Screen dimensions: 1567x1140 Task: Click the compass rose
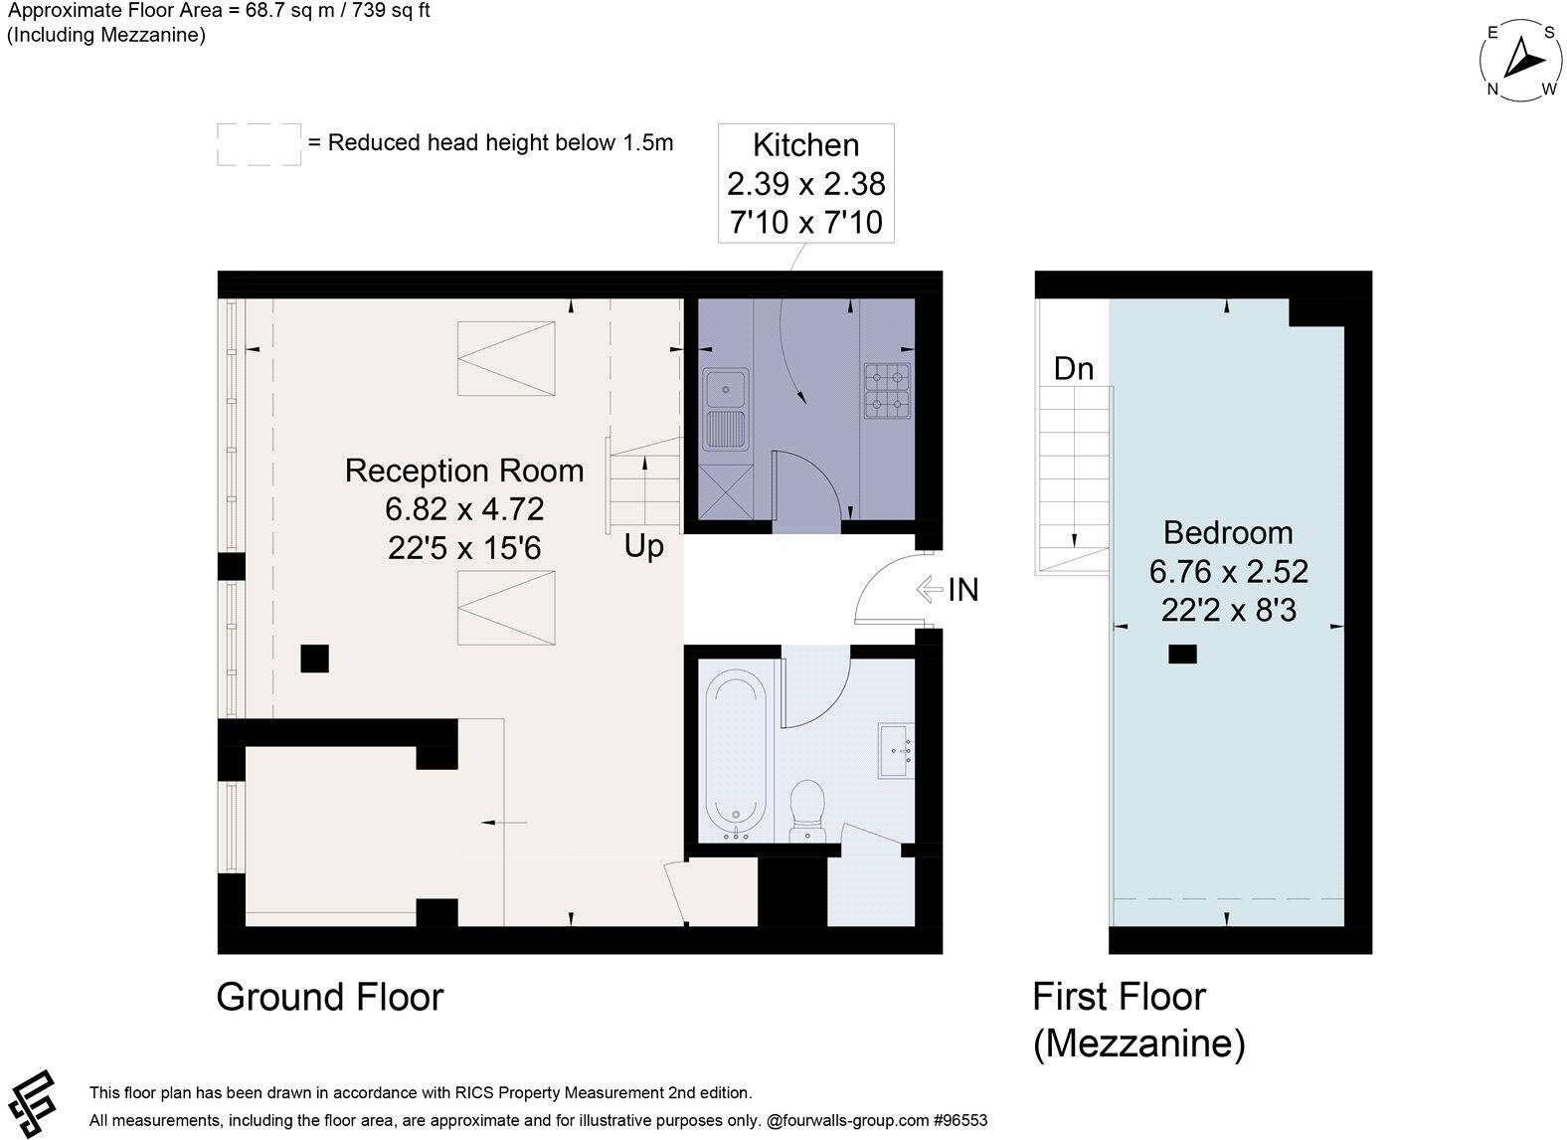click(x=1521, y=61)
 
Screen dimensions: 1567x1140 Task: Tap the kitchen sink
click(x=726, y=409)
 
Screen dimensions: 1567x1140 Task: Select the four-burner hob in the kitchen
click(x=888, y=391)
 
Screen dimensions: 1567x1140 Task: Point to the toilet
click(x=807, y=811)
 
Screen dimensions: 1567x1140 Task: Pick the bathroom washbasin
click(x=897, y=750)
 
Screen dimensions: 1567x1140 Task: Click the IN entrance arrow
click(x=930, y=589)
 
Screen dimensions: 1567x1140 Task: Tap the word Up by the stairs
click(x=643, y=546)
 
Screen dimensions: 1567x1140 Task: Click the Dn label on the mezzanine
click(x=1074, y=369)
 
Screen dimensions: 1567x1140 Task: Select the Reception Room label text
click(x=464, y=471)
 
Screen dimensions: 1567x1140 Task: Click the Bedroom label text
click(x=1228, y=533)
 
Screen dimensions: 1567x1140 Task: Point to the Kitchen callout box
click(x=806, y=183)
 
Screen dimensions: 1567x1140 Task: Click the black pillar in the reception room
click(x=315, y=659)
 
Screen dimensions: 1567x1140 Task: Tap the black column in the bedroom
click(x=1183, y=655)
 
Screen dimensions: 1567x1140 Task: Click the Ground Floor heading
click(x=330, y=997)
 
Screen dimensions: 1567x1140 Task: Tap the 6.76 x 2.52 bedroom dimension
click(x=1228, y=572)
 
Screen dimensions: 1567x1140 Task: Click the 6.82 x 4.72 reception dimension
click(x=464, y=508)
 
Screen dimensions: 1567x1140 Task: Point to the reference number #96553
click(x=960, y=1120)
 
